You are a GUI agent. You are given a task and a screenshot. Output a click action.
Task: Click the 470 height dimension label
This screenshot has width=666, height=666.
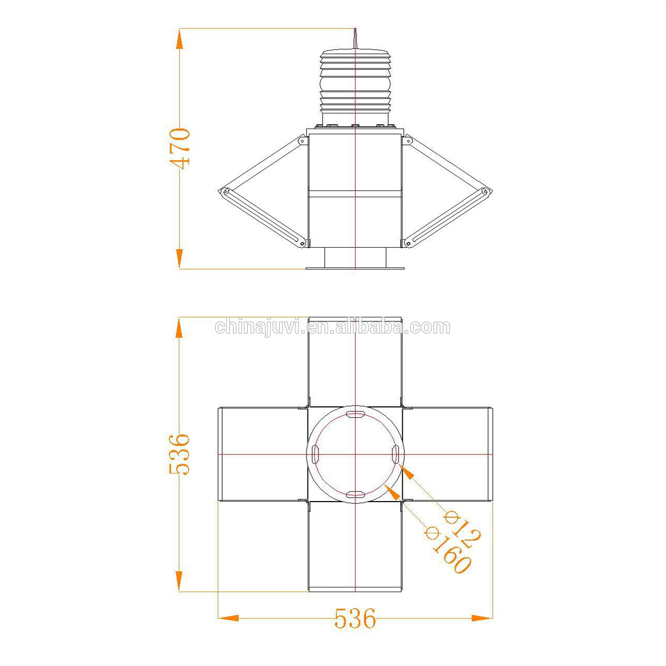pyautogui.click(x=181, y=148)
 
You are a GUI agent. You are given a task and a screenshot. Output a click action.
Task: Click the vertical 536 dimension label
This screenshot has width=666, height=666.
pyautogui.click(x=180, y=454)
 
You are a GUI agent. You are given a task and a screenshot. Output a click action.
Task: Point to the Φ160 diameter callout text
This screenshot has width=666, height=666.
pyautogui.click(x=447, y=550)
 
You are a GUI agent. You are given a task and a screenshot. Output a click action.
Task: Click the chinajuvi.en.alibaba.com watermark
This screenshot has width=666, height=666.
pyautogui.click(x=332, y=327)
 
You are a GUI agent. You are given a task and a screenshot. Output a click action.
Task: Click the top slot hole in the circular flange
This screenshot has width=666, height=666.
pyautogui.click(x=355, y=414)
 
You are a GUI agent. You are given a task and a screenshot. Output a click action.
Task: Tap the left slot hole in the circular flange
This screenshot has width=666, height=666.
pyautogui.click(x=315, y=454)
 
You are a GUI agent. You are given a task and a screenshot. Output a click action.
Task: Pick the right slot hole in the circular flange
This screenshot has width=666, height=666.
pyautogui.click(x=395, y=454)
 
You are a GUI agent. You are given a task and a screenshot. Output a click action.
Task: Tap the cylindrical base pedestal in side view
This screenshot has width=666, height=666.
pyautogui.click(x=355, y=258)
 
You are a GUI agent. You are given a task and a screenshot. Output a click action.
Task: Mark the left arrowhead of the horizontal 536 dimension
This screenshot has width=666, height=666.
pyautogui.click(x=228, y=618)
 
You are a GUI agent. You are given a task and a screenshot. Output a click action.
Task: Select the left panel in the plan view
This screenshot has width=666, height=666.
pyautogui.click(x=263, y=454)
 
